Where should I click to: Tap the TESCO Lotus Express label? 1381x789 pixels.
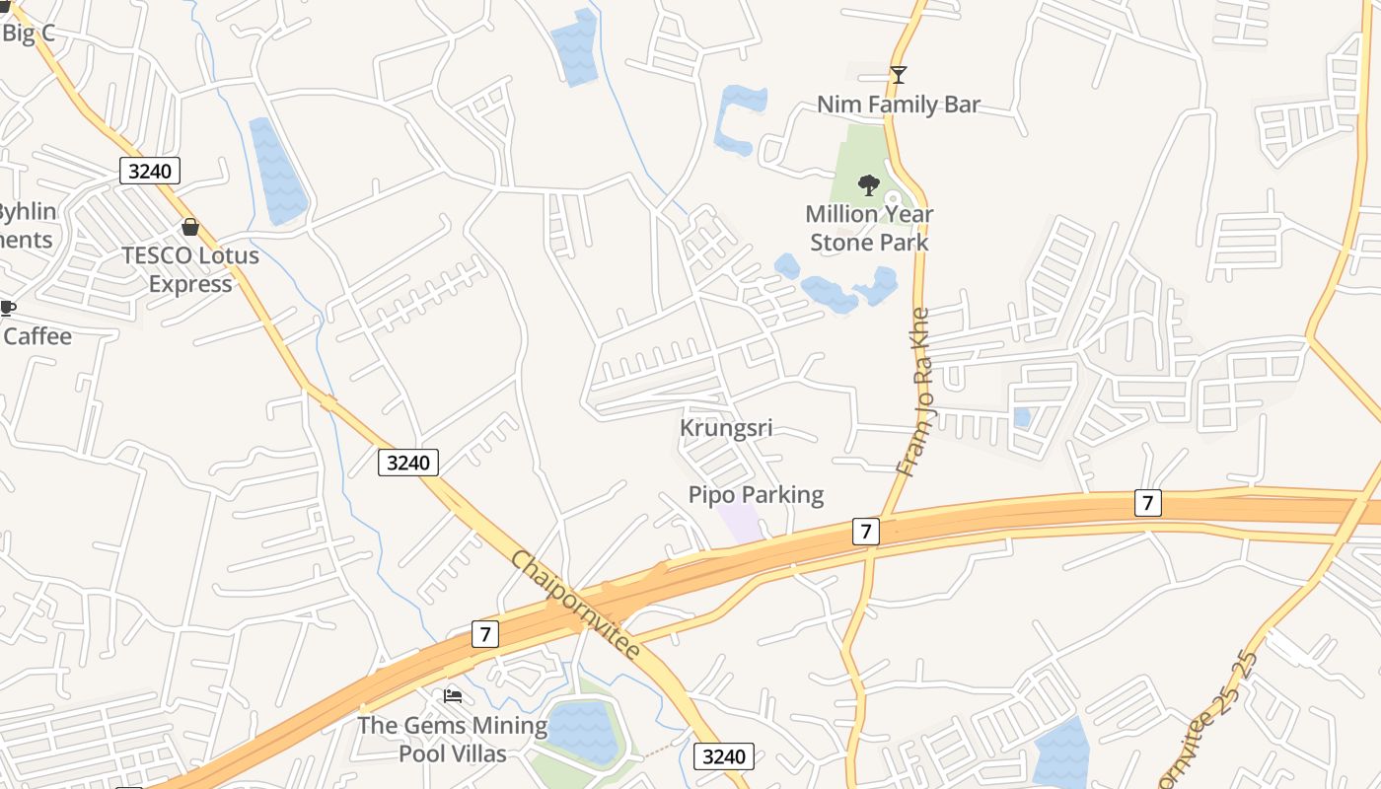pos(190,269)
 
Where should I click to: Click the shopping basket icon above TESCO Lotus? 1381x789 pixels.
pos(190,227)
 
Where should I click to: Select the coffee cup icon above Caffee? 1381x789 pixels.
pos(7,308)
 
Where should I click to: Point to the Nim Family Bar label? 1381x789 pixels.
pos(899,105)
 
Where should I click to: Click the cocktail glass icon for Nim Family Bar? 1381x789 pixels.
pos(899,75)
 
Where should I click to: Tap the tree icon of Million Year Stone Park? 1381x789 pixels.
pos(869,184)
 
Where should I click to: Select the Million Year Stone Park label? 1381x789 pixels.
pos(869,228)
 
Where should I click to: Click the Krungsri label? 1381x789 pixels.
pos(726,428)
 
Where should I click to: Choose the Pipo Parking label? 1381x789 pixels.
pos(756,494)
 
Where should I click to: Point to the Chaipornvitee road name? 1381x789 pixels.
pos(575,605)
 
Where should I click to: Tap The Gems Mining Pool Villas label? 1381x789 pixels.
pos(452,740)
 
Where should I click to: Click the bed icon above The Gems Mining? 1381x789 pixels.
pos(453,696)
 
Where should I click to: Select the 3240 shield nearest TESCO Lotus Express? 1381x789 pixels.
pos(150,171)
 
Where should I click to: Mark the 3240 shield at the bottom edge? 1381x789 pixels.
pos(724,756)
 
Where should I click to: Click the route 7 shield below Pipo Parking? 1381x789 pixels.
pos(864,532)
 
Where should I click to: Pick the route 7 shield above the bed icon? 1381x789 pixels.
pos(484,633)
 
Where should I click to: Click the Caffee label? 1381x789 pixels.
pos(37,336)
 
